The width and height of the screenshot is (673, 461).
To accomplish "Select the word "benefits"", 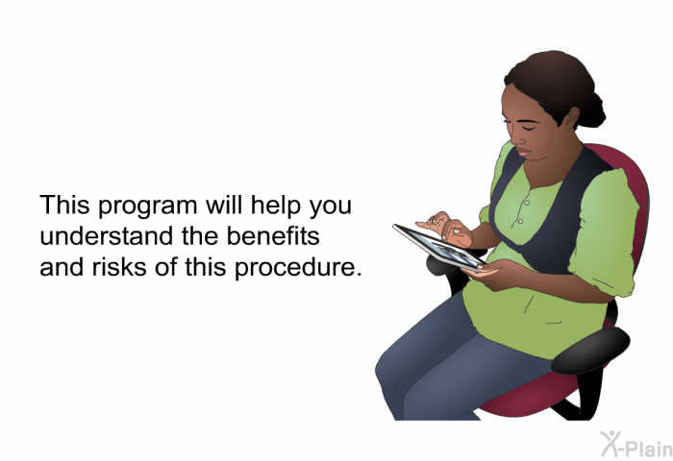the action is coord(273,235).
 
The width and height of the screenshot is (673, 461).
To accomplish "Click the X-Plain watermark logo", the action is coord(636,445).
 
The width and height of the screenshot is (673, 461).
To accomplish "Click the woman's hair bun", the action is coord(593,110).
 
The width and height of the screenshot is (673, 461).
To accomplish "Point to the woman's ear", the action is coord(572,117).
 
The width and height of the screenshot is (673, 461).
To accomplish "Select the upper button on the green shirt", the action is coord(527,203).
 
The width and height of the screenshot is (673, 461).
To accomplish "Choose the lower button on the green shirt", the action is coord(520,221).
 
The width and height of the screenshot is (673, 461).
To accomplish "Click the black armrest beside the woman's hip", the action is coord(590,350).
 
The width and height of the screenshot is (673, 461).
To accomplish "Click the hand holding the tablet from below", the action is coord(489,275).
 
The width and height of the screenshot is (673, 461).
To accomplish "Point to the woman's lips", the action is coord(523,152).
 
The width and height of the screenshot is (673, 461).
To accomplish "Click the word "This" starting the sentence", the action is coord(64,205).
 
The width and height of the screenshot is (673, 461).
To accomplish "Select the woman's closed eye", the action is coord(528,128).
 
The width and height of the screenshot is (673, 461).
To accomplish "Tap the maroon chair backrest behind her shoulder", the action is coord(631,181).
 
